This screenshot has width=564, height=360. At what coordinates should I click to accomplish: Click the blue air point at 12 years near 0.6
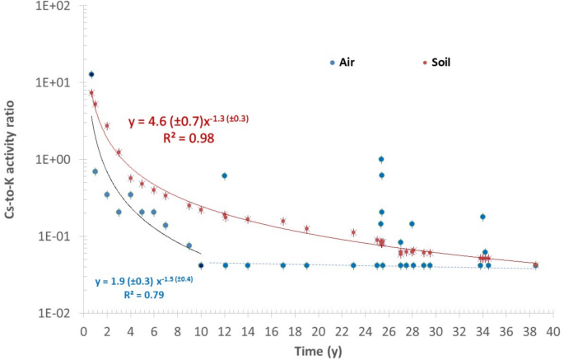[x=224, y=175]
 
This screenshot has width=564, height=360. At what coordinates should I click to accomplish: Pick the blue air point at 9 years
[x=189, y=245]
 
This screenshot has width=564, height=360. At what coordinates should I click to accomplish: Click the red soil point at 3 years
[x=119, y=152]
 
